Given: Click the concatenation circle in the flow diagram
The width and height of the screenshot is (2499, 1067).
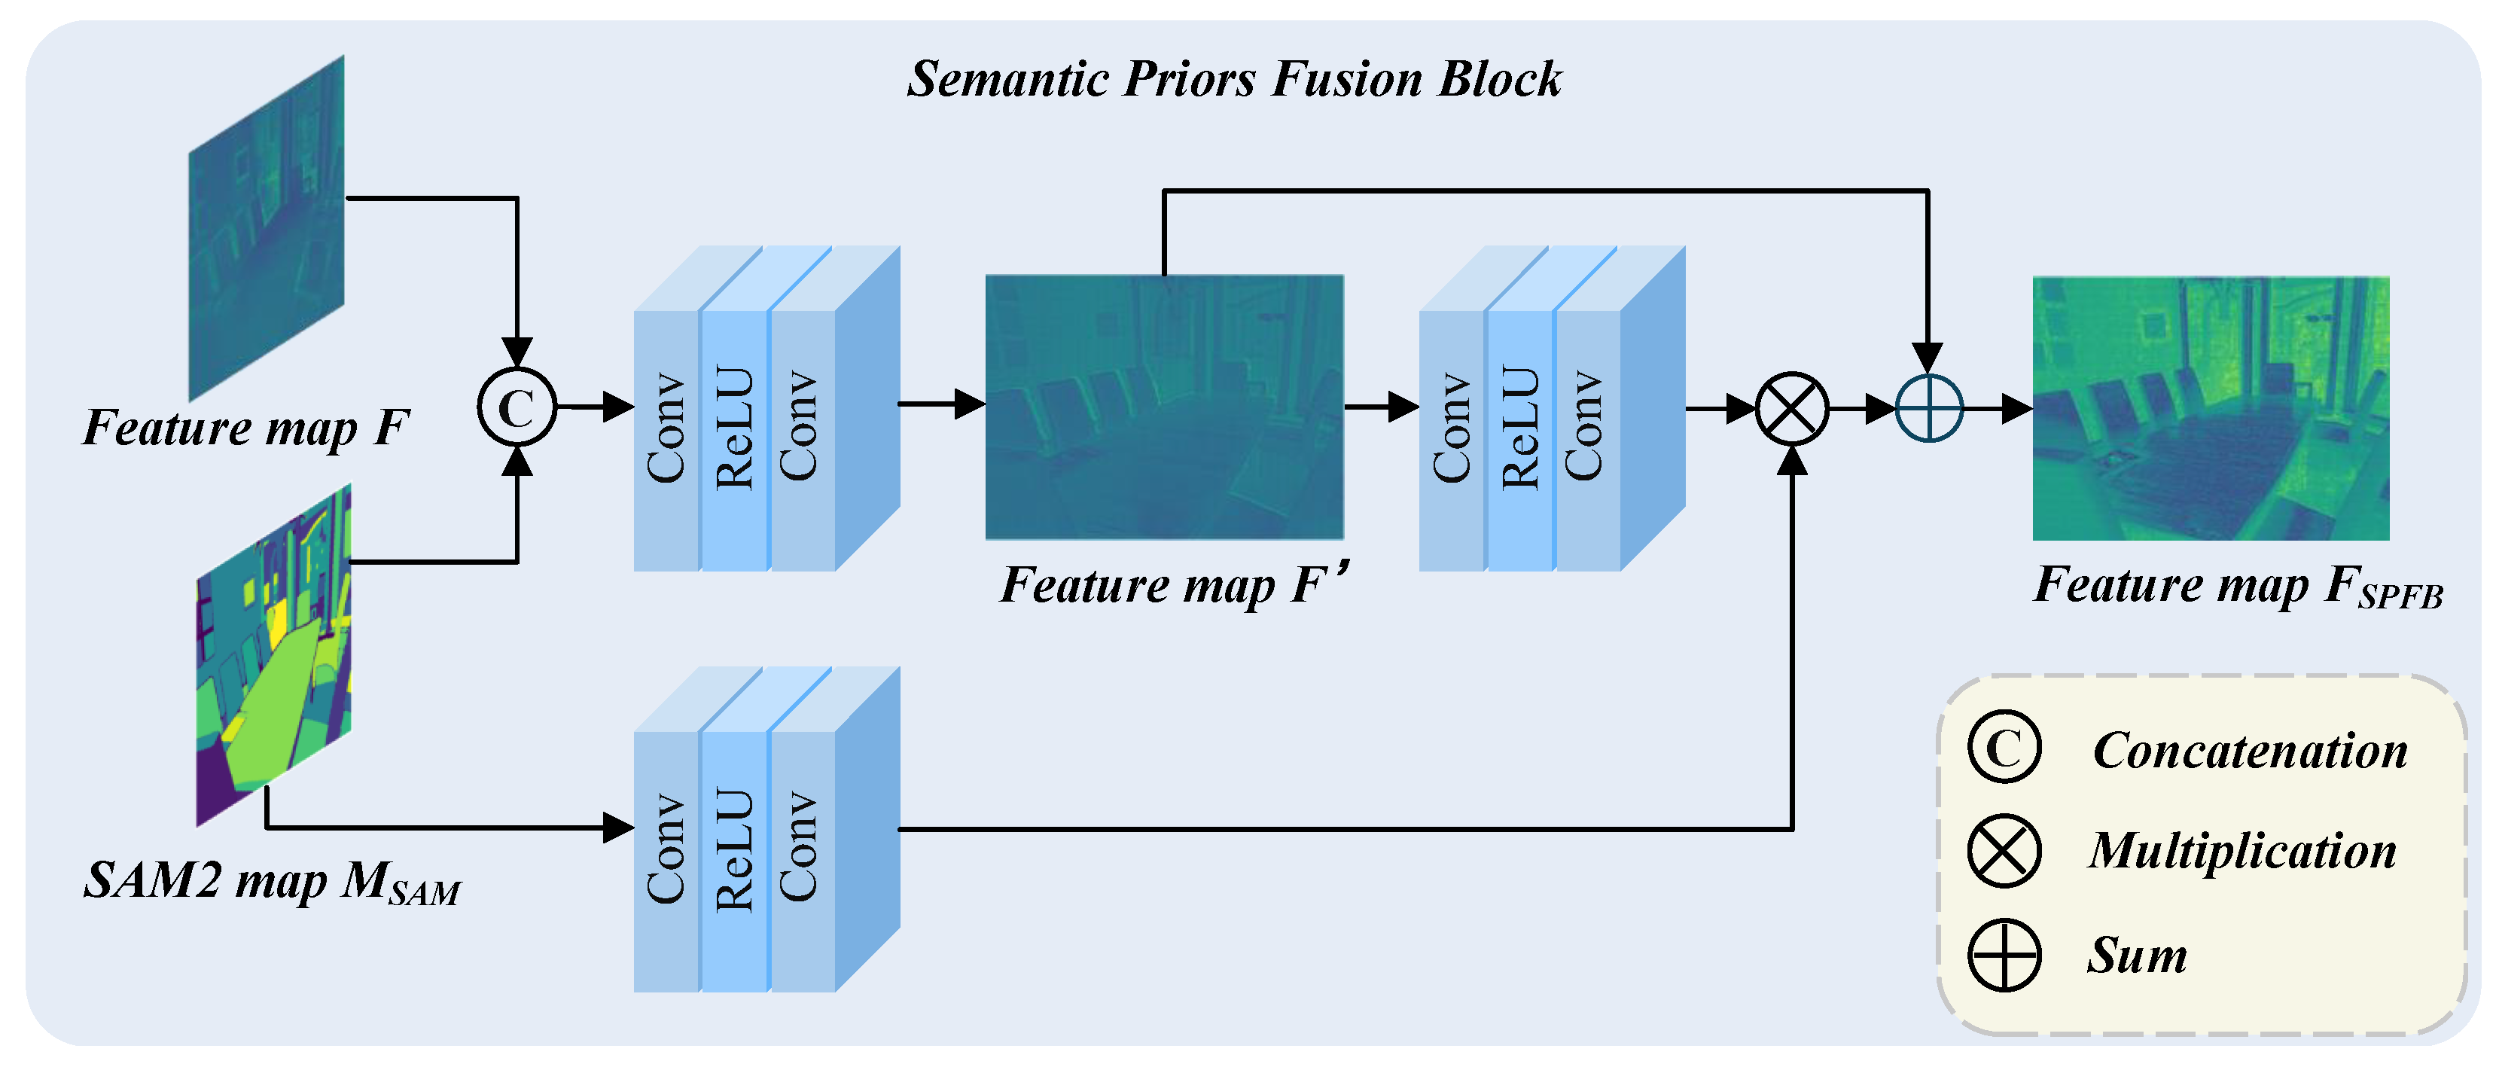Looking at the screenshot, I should click(517, 407).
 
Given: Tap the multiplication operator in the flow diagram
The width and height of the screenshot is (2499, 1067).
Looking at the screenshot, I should click(1792, 408).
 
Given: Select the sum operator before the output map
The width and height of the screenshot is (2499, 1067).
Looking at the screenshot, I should click(1928, 408).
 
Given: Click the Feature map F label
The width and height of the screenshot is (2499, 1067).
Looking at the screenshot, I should click(245, 428).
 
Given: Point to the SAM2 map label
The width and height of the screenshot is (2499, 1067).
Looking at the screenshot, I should click(272, 882).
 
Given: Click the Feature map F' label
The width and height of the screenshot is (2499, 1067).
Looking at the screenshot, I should click(1174, 586).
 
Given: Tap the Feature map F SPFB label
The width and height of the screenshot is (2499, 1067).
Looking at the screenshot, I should click(2237, 586).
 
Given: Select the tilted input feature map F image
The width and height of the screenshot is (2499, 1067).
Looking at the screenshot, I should click(267, 228).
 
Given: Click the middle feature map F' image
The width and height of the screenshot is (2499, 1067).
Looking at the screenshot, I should click(1164, 407).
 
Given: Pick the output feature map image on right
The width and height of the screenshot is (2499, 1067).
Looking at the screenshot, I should click(2211, 408).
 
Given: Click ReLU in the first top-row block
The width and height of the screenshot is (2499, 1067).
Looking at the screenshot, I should click(734, 427).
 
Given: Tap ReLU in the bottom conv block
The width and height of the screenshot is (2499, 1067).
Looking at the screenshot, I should click(734, 849).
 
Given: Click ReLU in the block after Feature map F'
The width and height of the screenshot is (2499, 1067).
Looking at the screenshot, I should click(1520, 427).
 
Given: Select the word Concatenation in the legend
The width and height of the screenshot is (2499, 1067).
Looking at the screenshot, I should click(2250, 751).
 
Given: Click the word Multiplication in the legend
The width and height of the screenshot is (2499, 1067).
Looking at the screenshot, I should click(2243, 852).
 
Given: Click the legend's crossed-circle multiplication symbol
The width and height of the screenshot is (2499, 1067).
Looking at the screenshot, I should click(2004, 852).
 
